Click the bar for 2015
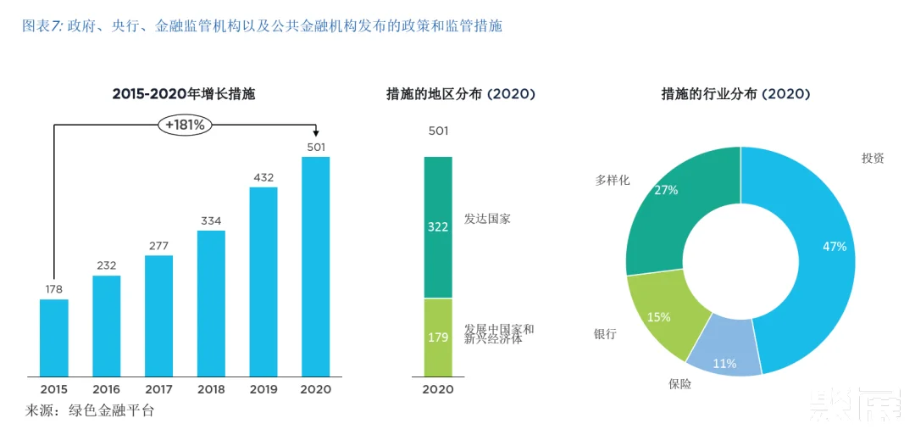53,337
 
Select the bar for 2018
211,303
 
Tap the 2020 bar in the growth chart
316,266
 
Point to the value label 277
158,246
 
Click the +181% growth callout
185,125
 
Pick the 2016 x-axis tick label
107,389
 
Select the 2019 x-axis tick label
263,389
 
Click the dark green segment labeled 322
438,227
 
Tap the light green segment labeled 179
438,337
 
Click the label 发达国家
487,219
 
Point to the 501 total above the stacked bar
438,131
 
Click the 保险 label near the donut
680,384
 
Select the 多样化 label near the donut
613,180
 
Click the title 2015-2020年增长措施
184,94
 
